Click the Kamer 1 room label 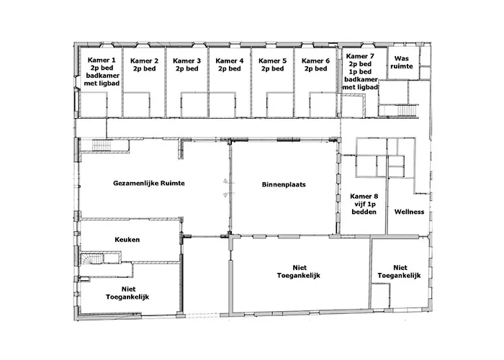point(101,60)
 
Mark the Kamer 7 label point(360,55)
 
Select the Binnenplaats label point(284,184)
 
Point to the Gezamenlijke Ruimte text point(149,184)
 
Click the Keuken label point(127,239)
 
